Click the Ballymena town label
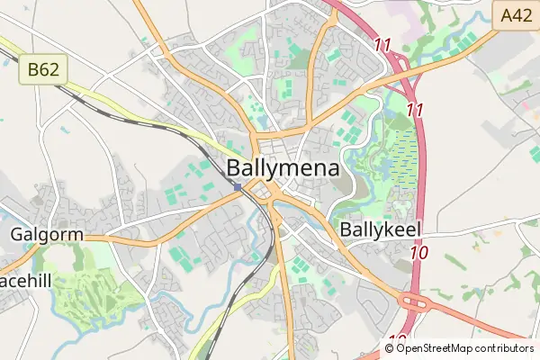pos(283,168)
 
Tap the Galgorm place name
pos(47,235)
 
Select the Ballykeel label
pos(382,230)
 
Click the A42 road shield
pos(517,13)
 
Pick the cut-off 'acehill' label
pos(27,282)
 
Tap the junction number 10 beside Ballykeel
pos(418,254)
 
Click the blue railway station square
pos(238,187)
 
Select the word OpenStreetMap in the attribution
pos(446,347)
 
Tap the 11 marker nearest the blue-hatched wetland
pos(415,109)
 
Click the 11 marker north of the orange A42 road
pos(382,43)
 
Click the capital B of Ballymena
pos(234,168)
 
